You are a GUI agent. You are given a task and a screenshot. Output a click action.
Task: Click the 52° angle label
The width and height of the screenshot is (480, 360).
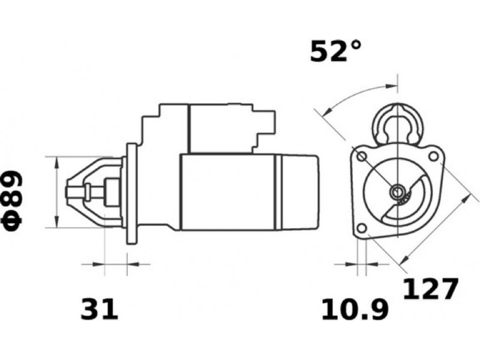tap(335, 51)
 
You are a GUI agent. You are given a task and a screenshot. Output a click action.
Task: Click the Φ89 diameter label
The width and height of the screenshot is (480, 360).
tap(12, 200)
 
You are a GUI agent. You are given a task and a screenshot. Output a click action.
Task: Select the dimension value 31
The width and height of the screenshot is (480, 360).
tap(99, 309)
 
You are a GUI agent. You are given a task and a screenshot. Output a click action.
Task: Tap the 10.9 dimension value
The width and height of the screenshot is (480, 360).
tap(355, 309)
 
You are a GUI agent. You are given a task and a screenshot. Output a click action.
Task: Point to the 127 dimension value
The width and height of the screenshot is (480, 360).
tap(431, 289)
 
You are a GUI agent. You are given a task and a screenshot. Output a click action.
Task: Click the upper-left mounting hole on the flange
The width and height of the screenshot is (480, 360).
tap(362, 157)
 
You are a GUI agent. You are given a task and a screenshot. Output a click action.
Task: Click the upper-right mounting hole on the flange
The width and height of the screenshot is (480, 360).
tap(433, 157)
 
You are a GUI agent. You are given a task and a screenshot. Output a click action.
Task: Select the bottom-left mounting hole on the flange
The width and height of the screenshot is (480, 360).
tap(362, 228)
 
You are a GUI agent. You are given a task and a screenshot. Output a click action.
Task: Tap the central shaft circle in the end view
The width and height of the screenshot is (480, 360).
tap(397, 192)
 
